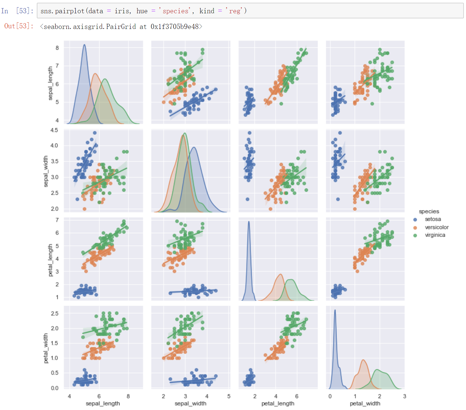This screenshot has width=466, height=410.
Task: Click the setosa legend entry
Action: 433,219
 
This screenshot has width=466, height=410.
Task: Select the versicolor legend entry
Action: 436,227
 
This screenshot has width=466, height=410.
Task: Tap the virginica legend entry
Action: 435,235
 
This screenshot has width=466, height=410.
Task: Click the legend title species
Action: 429,211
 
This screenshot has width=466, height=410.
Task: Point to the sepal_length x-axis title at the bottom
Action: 103,403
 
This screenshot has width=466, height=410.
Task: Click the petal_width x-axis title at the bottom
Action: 365,403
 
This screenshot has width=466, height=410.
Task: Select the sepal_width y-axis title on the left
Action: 46,171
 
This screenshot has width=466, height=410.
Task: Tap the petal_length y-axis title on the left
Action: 50,260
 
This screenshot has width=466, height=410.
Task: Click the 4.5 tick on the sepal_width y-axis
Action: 54,130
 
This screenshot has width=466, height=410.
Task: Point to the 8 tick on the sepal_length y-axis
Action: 57,48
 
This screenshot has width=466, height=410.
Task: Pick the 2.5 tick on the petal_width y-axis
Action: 55,314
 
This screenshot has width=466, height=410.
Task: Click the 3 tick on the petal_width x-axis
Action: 404,396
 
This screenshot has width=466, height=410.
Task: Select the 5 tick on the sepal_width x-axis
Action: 229,396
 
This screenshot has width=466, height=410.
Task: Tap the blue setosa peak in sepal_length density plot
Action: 84,45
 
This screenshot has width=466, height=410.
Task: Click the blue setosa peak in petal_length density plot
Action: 249,222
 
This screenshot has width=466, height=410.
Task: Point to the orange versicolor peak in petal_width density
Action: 363,360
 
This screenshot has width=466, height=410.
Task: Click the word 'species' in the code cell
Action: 176,11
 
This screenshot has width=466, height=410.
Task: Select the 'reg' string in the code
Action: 235,11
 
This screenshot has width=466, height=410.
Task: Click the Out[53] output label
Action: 18,26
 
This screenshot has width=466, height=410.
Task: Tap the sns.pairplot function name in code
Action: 62,11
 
